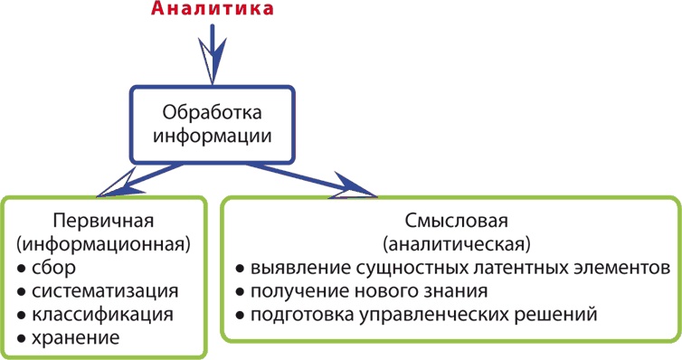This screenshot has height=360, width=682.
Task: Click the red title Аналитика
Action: pos(213,12)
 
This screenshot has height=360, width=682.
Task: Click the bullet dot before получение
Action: pos(239,292)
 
